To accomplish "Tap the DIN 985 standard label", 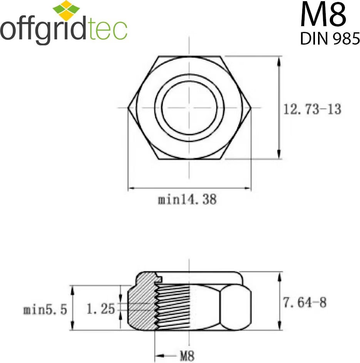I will [x=330, y=38].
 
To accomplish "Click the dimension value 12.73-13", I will [x=312, y=110].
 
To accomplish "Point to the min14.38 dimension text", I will [x=187, y=200].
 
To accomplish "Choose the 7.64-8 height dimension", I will [x=305, y=303].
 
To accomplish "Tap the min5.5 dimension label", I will [x=45, y=309].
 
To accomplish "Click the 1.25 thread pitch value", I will [x=100, y=309].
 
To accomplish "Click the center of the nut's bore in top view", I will [x=189, y=108].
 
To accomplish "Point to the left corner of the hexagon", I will [x=129, y=108].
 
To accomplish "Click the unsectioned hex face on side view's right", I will [x=235, y=308].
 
